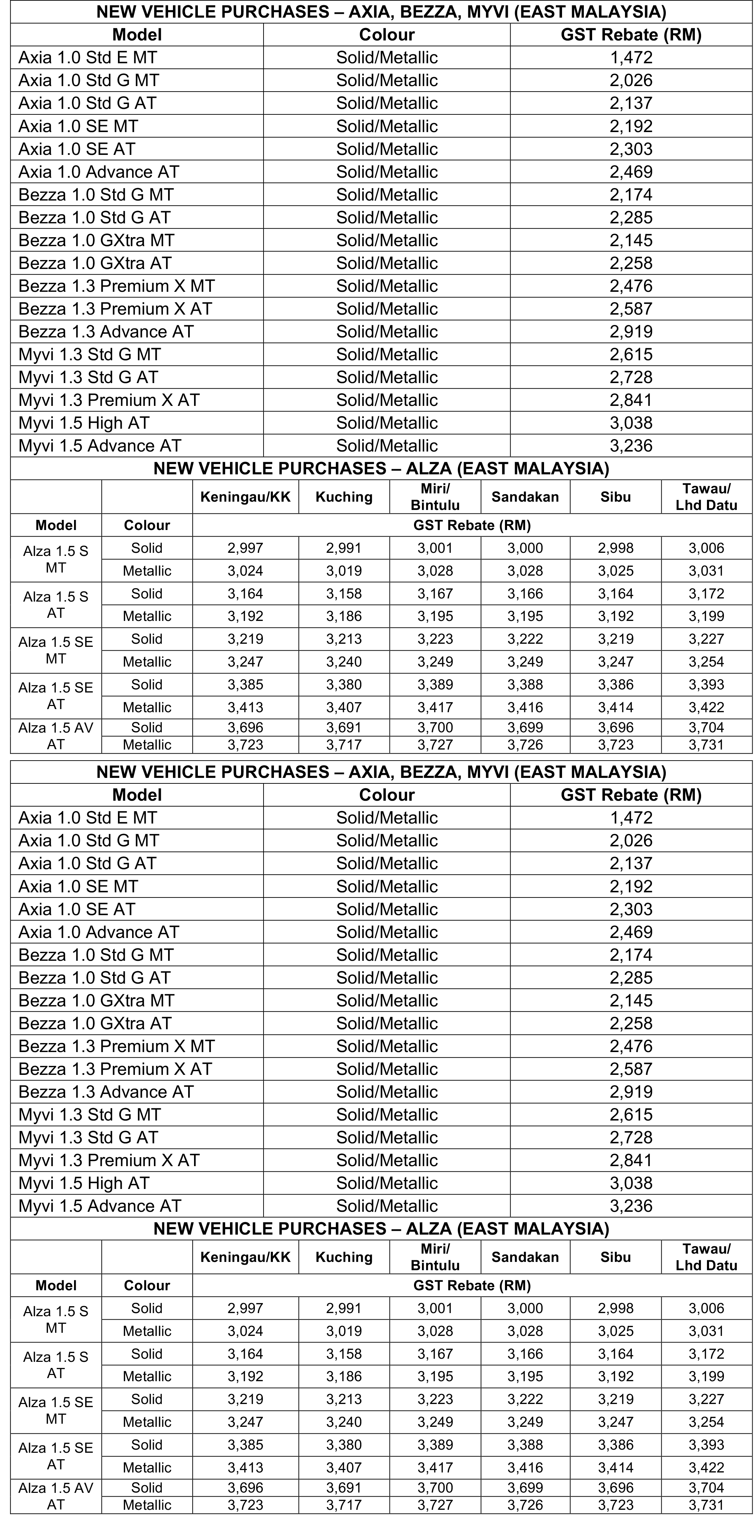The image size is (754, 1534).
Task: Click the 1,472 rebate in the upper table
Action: pos(631,58)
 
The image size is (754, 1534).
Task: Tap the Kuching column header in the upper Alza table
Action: pos(344,497)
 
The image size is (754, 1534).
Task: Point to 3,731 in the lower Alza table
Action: pos(706,1505)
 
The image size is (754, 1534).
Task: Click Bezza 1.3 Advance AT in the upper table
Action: pos(106,332)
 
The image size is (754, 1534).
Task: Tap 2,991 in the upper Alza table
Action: pos(344,548)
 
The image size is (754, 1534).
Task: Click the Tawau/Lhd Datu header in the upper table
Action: pos(706,497)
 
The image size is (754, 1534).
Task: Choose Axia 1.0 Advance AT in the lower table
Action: pos(99,932)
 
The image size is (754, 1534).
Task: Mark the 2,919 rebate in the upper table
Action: pos(631,332)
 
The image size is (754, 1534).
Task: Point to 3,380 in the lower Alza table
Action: pos(344,1445)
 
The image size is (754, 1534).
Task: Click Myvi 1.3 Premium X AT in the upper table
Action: pos(109,400)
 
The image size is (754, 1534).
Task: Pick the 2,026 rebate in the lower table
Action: pos(631,840)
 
